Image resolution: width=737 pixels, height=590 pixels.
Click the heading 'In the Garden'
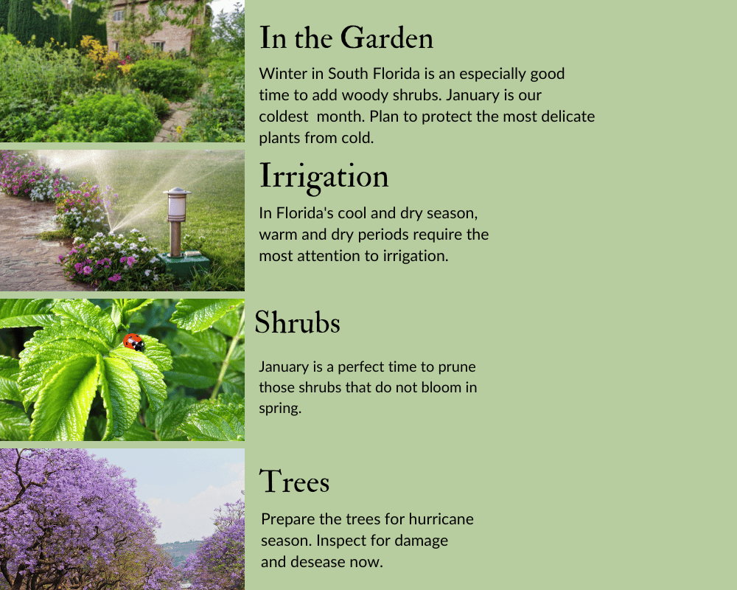click(346, 38)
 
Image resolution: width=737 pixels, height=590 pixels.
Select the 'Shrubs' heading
click(297, 322)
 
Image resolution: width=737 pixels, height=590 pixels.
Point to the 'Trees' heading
click(295, 481)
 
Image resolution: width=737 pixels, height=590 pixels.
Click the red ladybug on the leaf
click(134, 342)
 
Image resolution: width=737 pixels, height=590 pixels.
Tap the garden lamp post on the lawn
click(176, 221)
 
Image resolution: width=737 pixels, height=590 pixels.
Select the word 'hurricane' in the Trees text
click(441, 519)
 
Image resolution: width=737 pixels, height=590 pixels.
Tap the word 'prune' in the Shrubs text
click(457, 367)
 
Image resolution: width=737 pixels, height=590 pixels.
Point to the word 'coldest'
click(284, 117)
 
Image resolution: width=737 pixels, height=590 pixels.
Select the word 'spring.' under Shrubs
click(280, 409)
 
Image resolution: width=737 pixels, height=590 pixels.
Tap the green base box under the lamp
click(184, 265)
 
